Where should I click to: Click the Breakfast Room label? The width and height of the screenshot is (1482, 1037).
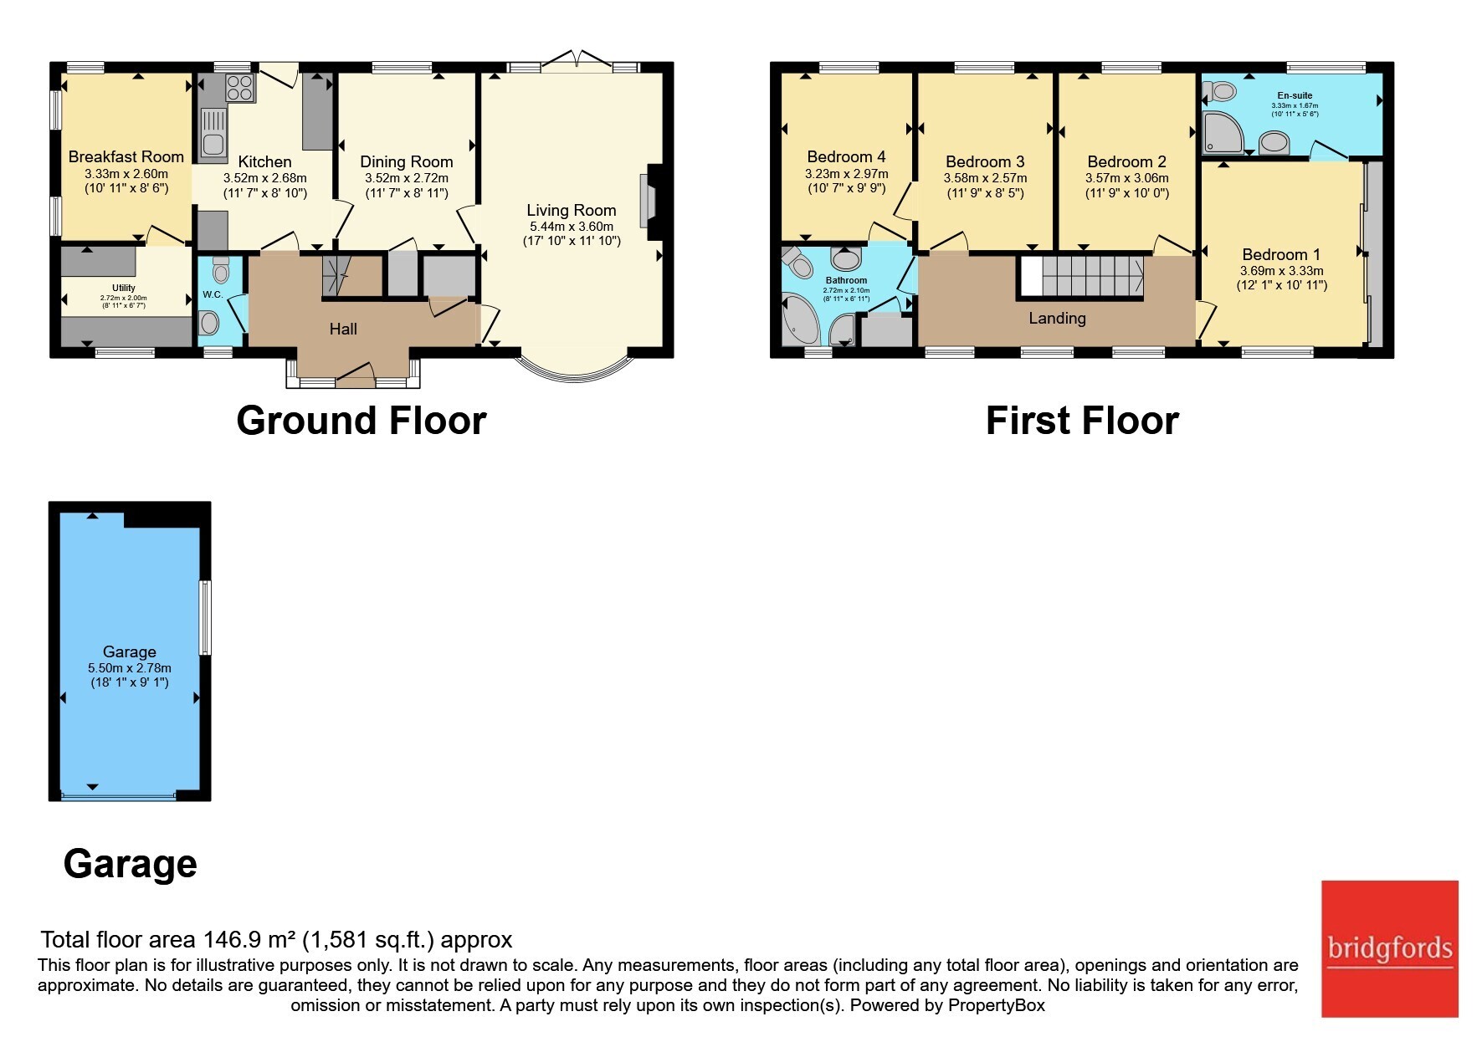[126, 157]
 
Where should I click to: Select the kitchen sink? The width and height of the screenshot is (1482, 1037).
[213, 134]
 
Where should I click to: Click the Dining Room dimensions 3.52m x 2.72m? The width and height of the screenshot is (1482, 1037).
[407, 178]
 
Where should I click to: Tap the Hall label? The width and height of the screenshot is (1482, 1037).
[343, 329]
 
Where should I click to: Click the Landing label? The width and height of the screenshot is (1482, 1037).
[1058, 319]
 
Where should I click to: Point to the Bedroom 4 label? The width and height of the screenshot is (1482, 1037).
[846, 157]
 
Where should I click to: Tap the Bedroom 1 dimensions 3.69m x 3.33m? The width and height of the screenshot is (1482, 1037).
[1282, 271]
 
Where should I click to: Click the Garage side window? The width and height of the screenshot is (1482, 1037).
[204, 617]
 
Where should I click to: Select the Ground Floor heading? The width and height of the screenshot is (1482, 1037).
[362, 421]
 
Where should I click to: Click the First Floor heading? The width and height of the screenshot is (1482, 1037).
[1082, 421]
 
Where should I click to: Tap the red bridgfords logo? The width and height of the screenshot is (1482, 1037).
[1390, 949]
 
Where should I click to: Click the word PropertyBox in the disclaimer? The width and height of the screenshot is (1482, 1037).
[997, 1005]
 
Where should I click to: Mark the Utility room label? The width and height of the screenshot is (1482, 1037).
[124, 288]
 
